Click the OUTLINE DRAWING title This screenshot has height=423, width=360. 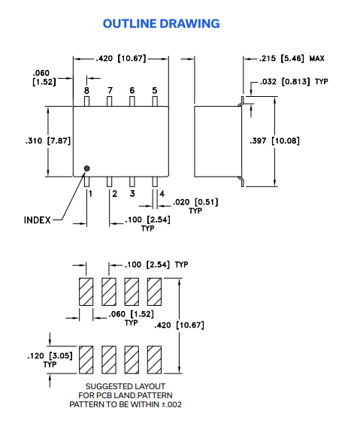pyautogui.click(x=161, y=23)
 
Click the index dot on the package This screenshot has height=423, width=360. pyautogui.click(x=87, y=168)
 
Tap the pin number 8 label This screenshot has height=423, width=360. pyautogui.click(x=86, y=91)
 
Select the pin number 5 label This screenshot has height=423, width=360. pyautogui.click(x=155, y=91)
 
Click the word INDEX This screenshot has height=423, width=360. pyautogui.click(x=38, y=220)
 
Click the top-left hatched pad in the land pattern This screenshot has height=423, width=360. pyautogui.click(x=86, y=291)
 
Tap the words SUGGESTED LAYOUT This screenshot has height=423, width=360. pyautogui.click(x=126, y=386)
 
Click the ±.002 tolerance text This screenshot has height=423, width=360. pyautogui.click(x=172, y=404)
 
